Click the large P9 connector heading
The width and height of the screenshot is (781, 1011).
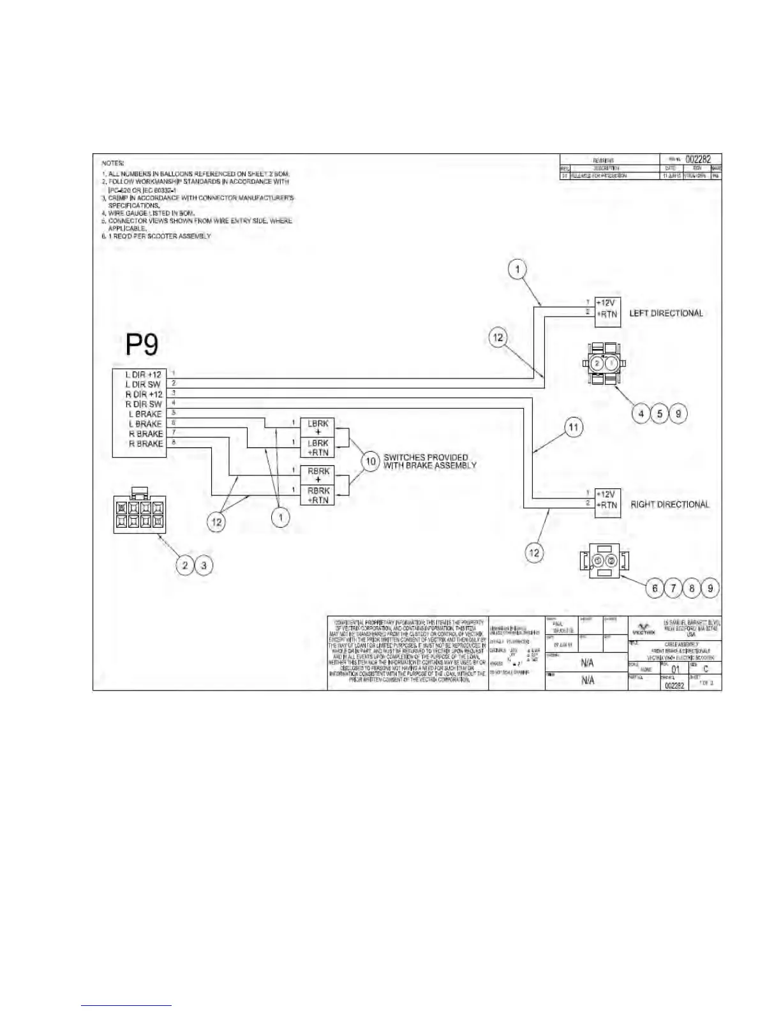pos(142,345)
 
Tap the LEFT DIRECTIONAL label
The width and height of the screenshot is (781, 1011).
pos(666,313)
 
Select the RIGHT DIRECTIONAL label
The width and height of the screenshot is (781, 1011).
pos(669,504)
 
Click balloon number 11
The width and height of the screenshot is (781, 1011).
pos(574,427)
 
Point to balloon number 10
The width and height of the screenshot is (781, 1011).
pos(371,461)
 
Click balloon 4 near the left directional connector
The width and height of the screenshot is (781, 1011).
pos(641,414)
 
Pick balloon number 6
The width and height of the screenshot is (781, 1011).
pos(655,588)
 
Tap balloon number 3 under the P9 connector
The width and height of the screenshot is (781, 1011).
pos(204,565)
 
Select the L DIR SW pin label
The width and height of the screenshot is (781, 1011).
pos(143,384)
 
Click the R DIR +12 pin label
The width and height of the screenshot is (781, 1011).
pos(144,394)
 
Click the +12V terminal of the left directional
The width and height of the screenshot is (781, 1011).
pos(607,303)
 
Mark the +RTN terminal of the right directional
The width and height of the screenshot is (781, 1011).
pos(607,505)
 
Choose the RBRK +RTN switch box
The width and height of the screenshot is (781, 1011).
pos(318,495)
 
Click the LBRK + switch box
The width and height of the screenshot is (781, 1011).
pos(318,428)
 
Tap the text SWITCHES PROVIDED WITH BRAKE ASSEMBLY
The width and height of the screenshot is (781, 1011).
pos(429,461)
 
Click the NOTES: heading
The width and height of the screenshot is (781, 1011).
pos(113,164)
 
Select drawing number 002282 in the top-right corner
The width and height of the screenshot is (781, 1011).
pos(698,160)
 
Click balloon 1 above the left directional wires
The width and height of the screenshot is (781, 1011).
pos(517,269)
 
